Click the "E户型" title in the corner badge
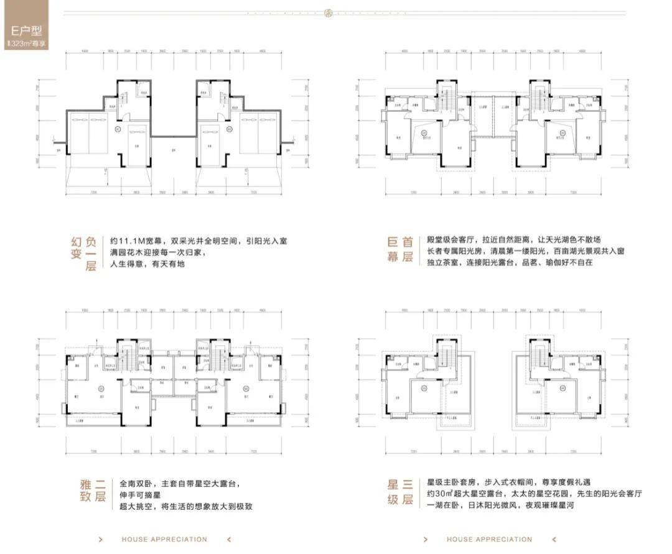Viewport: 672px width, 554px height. (x=26, y=30)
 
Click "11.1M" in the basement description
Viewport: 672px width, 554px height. (x=133, y=240)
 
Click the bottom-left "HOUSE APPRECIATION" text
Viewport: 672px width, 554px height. (x=164, y=540)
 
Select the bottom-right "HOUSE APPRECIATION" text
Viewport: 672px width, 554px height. (x=489, y=540)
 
